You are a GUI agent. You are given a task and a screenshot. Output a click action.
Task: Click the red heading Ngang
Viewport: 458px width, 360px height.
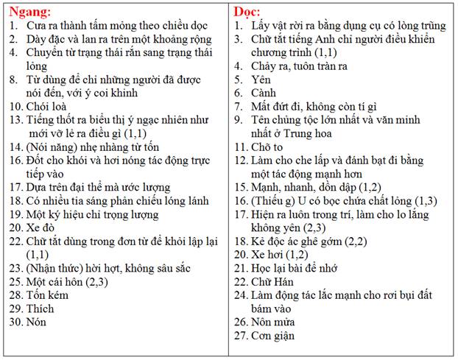(x=29, y=12)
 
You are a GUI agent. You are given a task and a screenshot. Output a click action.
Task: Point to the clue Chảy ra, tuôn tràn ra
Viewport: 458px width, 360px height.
(x=305, y=66)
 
